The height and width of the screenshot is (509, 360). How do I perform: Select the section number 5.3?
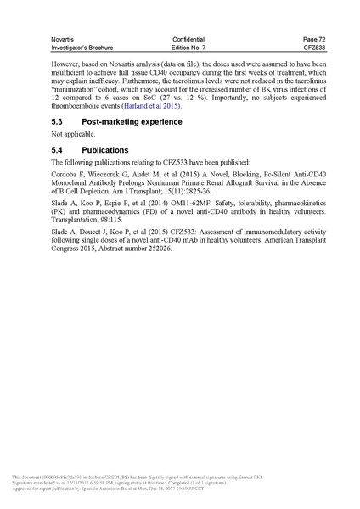point(58,122)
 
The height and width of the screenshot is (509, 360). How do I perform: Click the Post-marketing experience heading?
point(132,122)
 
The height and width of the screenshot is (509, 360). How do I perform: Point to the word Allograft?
point(235,185)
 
